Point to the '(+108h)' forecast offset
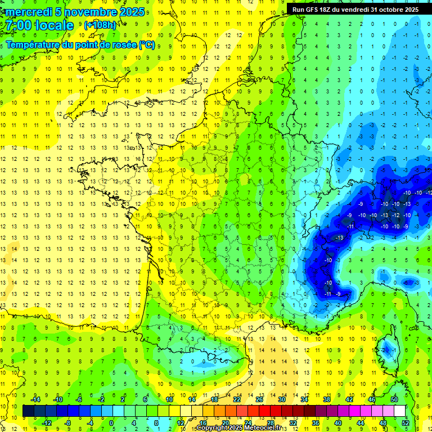point(100,25)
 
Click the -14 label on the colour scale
point(35,399)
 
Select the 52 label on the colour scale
point(406,423)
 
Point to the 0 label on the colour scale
point(111,423)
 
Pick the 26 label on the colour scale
point(259,399)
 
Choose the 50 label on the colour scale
point(394,399)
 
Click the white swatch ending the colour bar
point(400,411)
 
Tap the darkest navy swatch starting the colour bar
point(28,411)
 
